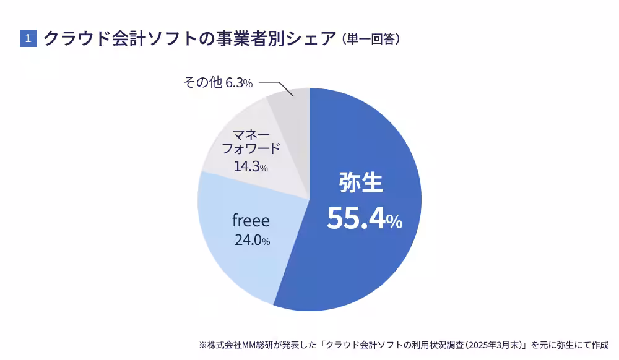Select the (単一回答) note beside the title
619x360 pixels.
[x=371, y=39]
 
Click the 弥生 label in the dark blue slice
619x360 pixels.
[x=361, y=183]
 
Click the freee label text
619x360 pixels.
[x=251, y=220]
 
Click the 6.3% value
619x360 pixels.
[x=238, y=83]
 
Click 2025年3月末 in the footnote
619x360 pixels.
[x=495, y=345]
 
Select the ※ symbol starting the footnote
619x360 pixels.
[x=202, y=345]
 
